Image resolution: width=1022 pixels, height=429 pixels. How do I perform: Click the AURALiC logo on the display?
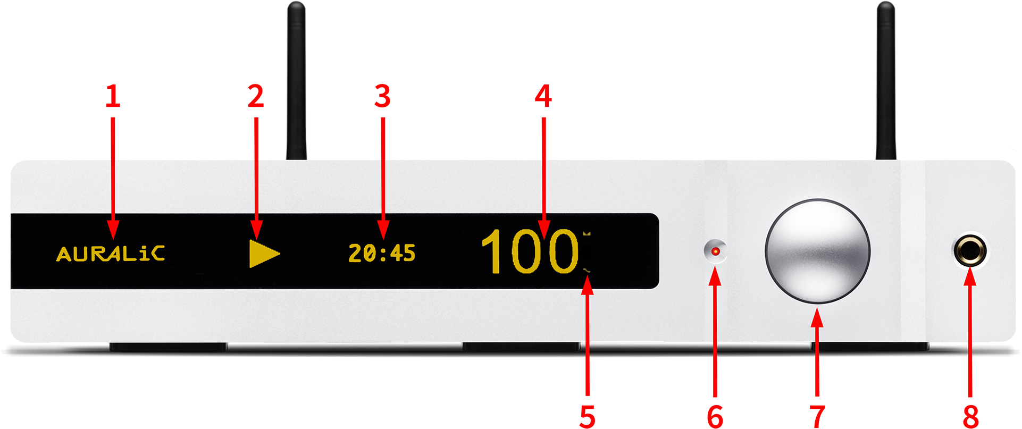pyautogui.click(x=111, y=254)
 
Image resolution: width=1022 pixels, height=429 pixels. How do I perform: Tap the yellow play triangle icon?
pyautogui.click(x=264, y=253)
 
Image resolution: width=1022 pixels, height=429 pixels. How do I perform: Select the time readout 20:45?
pyautogui.click(x=382, y=253)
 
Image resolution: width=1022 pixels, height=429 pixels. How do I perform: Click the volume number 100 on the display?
pyautogui.click(x=529, y=251)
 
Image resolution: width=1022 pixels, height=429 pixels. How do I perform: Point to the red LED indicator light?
pyautogui.click(x=716, y=251)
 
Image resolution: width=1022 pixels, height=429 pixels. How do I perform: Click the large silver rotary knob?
pyautogui.click(x=817, y=251)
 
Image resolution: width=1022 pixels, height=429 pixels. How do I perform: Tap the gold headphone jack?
pyautogui.click(x=970, y=251)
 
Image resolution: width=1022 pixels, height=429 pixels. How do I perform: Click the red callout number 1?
pyautogui.click(x=113, y=96)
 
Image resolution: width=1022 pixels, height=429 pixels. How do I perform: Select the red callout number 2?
pyautogui.click(x=256, y=96)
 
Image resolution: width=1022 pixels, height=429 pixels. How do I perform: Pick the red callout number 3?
pyautogui.click(x=382, y=96)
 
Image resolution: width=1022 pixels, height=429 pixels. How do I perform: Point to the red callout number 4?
pyautogui.click(x=543, y=96)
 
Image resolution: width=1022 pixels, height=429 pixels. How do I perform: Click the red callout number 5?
pyautogui.click(x=587, y=417)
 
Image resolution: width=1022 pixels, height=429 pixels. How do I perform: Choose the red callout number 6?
pyautogui.click(x=715, y=417)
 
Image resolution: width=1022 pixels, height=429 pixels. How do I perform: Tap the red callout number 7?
pyautogui.click(x=817, y=417)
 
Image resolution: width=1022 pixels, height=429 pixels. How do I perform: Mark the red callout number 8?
pyautogui.click(x=970, y=417)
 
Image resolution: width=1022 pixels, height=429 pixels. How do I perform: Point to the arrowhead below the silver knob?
pyautogui.click(x=817, y=318)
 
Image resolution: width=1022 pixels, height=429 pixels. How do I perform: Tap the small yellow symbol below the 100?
pyautogui.click(x=587, y=271)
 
